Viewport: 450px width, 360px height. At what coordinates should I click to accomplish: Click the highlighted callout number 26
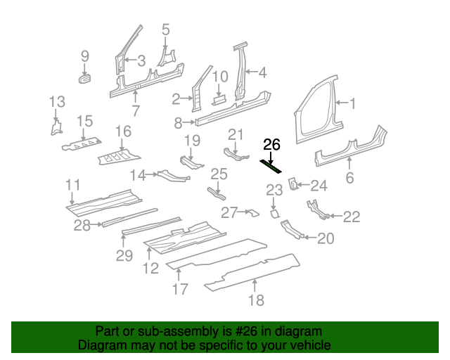[271, 146]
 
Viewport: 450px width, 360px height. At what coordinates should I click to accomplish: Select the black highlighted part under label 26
[271, 166]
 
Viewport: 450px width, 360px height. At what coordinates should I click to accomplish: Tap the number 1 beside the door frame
[353, 104]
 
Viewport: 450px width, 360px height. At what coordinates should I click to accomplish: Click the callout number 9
[85, 56]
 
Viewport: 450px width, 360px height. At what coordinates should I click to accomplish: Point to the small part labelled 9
[85, 77]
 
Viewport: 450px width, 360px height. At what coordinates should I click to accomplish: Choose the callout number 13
[57, 104]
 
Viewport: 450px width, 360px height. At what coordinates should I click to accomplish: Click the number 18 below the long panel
[256, 300]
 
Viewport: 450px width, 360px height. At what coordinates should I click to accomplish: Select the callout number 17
[180, 289]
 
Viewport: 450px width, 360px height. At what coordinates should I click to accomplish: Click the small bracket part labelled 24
[295, 184]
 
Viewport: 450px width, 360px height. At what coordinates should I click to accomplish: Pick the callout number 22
[351, 217]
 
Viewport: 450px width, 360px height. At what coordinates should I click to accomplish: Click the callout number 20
[325, 239]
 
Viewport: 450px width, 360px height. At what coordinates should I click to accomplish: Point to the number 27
[230, 212]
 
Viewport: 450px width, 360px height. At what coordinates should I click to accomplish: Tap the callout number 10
[220, 77]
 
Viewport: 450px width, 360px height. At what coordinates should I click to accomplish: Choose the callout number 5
[166, 30]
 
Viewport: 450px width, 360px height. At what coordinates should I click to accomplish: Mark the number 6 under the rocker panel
[349, 179]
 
